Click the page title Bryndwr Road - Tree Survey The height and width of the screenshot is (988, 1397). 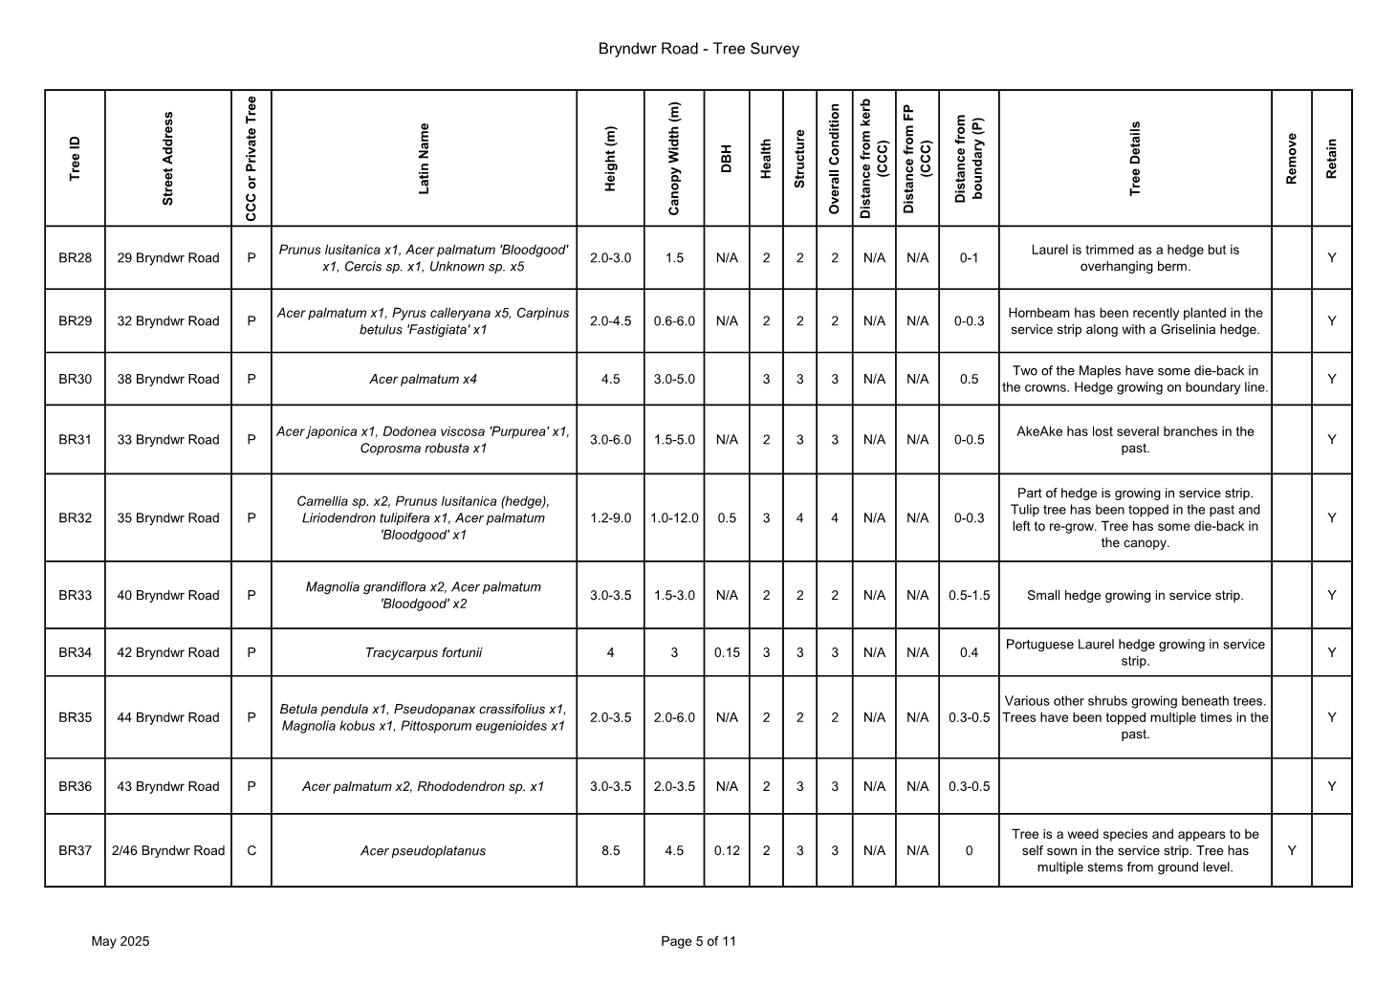698,49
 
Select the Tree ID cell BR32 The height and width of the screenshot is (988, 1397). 75,518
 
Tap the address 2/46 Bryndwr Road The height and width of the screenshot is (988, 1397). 168,851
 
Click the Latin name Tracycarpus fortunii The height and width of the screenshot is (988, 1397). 423,653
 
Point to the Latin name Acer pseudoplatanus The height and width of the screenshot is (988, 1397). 423,851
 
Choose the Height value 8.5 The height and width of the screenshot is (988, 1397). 610,851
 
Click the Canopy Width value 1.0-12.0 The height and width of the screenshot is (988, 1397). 674,518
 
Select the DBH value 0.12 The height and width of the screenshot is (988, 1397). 727,851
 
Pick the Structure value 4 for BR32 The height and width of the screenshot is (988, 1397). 799,518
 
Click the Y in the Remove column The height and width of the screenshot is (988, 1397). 1292,851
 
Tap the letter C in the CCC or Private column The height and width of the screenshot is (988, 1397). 251,851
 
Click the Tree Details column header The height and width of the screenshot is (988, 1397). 1135,159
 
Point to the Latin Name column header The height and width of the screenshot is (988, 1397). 424,159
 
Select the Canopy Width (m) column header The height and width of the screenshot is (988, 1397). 674,159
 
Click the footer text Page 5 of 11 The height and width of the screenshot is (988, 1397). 698,942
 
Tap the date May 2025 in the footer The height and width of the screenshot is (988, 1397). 120,942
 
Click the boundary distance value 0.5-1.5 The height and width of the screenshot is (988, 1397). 969,596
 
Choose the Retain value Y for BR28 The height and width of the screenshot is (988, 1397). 1331,258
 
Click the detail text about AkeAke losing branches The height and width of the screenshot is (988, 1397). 1135,440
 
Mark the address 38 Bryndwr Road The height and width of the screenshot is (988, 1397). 168,380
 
